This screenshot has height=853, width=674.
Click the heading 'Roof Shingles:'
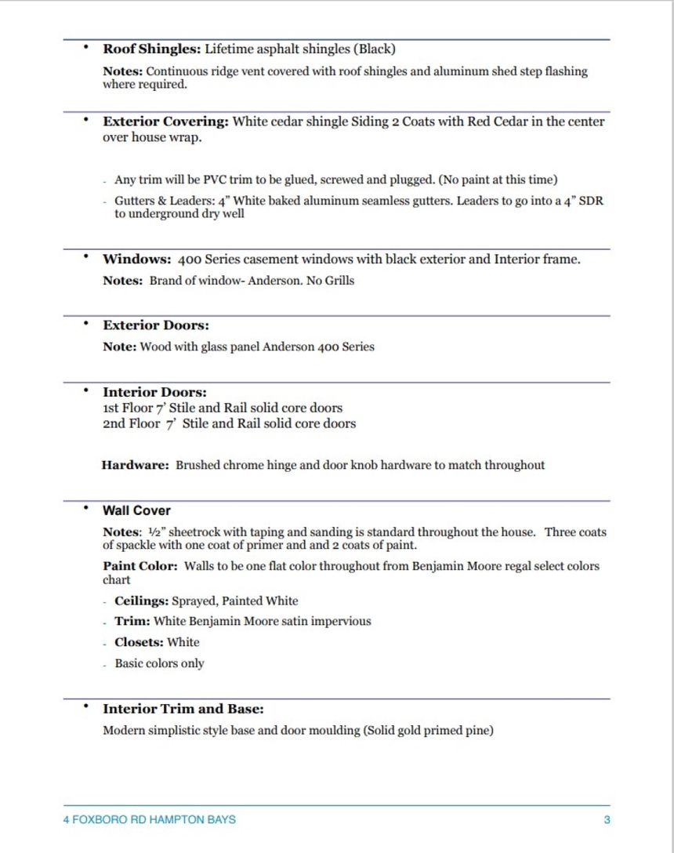pyautogui.click(x=151, y=49)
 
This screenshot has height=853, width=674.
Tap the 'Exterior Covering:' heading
pyautogui.click(x=165, y=122)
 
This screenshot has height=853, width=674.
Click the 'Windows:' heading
pyautogui.click(x=136, y=260)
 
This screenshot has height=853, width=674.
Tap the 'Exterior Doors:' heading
pyautogui.click(x=156, y=325)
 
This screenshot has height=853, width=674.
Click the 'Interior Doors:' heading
pyautogui.click(x=154, y=392)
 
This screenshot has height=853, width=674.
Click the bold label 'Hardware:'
pyautogui.click(x=135, y=465)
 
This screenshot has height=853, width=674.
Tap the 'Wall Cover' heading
pyautogui.click(x=136, y=510)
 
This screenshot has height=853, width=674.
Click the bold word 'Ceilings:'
pyautogui.click(x=141, y=601)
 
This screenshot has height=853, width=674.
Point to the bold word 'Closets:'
pyautogui.click(x=139, y=642)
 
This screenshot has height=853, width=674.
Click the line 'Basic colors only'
pyautogui.click(x=159, y=663)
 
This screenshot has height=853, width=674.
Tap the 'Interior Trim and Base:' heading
pyautogui.click(x=183, y=710)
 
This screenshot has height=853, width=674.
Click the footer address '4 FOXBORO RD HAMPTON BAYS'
pyautogui.click(x=149, y=820)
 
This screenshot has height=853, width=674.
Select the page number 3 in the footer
pyautogui.click(x=607, y=820)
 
